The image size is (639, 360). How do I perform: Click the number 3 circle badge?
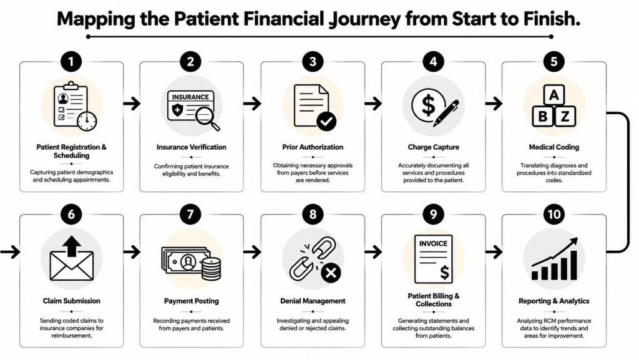pyautogui.click(x=313, y=62)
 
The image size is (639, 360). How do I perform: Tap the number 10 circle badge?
pyautogui.click(x=554, y=214)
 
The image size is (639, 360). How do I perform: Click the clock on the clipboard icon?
pyautogui.click(x=87, y=121)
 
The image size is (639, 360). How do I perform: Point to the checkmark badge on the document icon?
pyautogui.click(x=326, y=121)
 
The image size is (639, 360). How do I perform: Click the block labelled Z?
pyautogui.click(x=565, y=117)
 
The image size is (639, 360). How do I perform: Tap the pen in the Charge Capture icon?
pyautogui.click(x=446, y=113)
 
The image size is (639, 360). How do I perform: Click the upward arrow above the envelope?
pyautogui.click(x=72, y=246)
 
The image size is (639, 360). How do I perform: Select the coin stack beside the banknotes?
pyautogui.click(x=211, y=269)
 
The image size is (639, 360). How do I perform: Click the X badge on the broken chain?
pyautogui.click(x=331, y=273)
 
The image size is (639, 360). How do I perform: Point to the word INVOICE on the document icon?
pyautogui.click(x=433, y=243)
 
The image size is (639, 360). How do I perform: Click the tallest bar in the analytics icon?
pyautogui.click(x=573, y=265)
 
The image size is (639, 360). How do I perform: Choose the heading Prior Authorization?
pyautogui.click(x=313, y=147)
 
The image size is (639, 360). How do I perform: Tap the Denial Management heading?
pyautogui.click(x=313, y=301)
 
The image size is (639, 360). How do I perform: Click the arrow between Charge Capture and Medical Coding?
pyautogui.click(x=494, y=104)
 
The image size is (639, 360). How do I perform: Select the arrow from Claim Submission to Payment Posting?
pyautogui.click(x=131, y=252)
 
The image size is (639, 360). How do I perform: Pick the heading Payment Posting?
pyautogui.click(x=191, y=301)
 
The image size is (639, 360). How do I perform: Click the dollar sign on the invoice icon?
pyautogui.click(x=444, y=272)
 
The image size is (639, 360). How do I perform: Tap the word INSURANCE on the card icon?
pyautogui.click(x=190, y=97)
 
